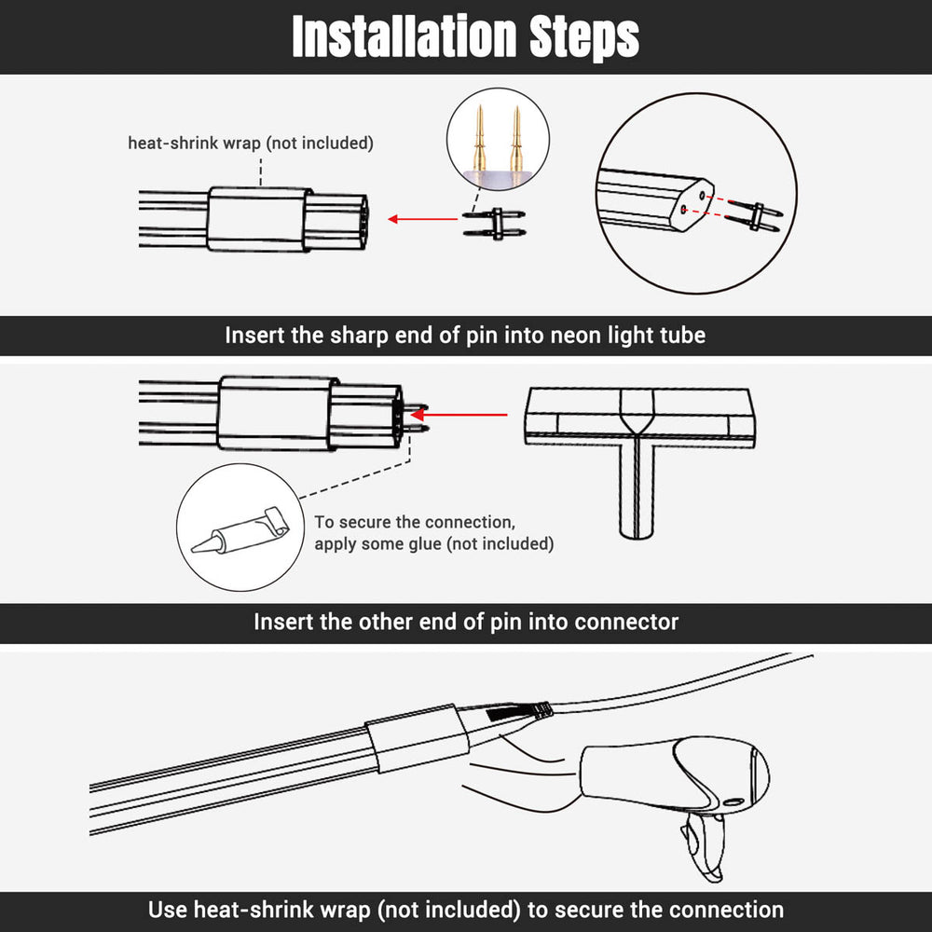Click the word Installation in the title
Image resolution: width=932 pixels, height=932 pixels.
(404, 37)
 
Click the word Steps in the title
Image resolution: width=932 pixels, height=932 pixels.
(584, 38)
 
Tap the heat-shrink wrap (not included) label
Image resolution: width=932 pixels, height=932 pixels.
(251, 144)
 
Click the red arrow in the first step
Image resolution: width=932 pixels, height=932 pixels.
(422, 219)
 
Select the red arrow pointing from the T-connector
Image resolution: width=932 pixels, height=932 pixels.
(459, 415)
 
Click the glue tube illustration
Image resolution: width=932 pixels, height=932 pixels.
(240, 530)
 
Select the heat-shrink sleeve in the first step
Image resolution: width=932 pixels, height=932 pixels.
(259, 219)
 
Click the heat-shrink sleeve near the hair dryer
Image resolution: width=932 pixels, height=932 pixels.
(417, 738)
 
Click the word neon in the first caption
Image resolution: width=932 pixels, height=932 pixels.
(576, 336)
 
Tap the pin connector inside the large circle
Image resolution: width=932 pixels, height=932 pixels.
(754, 216)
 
